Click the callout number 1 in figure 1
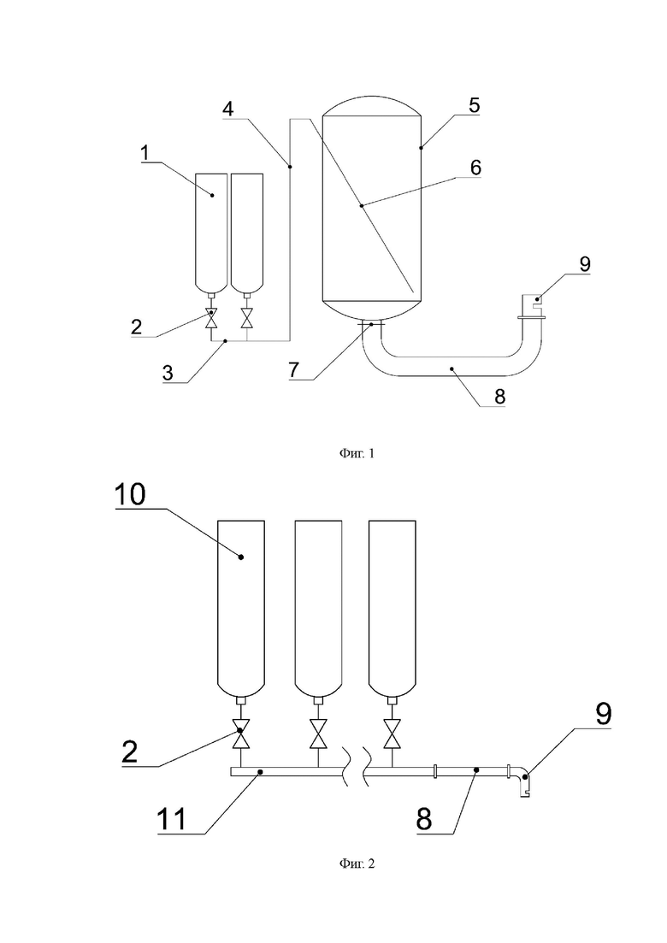coord(145,153)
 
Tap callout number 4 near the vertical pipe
coord(227,109)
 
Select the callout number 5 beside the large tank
coord(474,105)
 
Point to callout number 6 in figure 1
coord(475,168)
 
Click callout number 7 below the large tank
coord(293,369)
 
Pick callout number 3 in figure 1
coord(168,372)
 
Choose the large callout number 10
coord(130,494)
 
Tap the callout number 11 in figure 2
coord(172,819)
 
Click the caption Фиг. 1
coord(357,453)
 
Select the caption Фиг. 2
coord(357,864)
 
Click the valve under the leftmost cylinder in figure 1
coord(210,318)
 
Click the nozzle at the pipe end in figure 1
coord(532,305)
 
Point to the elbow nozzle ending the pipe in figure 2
coord(522,781)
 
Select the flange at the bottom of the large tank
coord(370,324)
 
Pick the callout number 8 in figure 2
coord(424,818)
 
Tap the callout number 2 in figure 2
coord(130,751)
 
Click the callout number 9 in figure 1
coord(585,264)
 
